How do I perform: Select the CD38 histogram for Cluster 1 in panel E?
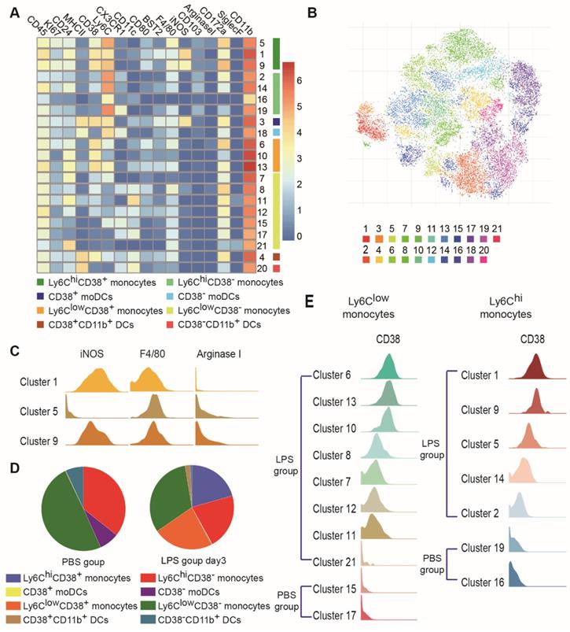(536, 368)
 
